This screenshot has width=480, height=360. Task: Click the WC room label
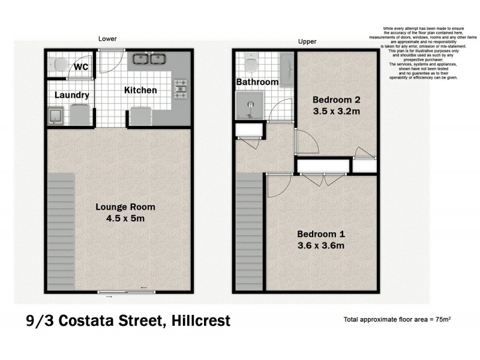point(82,67)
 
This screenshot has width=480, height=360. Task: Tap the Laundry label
point(72,95)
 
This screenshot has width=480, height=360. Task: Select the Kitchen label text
point(140,91)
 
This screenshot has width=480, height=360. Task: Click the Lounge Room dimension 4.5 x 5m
point(125,218)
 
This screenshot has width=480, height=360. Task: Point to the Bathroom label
point(257,82)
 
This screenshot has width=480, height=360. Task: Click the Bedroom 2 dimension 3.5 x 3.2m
point(336,111)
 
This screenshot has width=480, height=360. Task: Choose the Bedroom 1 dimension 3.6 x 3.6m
point(321,245)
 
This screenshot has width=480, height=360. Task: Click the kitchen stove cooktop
point(180,89)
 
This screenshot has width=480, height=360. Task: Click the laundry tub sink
point(56,115)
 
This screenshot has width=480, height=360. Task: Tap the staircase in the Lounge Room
point(60,231)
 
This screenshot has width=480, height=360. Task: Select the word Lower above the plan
point(107,39)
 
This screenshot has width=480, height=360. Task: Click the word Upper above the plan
point(307,42)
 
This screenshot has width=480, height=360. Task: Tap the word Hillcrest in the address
point(197,322)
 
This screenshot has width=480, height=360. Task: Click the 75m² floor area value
point(442,319)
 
